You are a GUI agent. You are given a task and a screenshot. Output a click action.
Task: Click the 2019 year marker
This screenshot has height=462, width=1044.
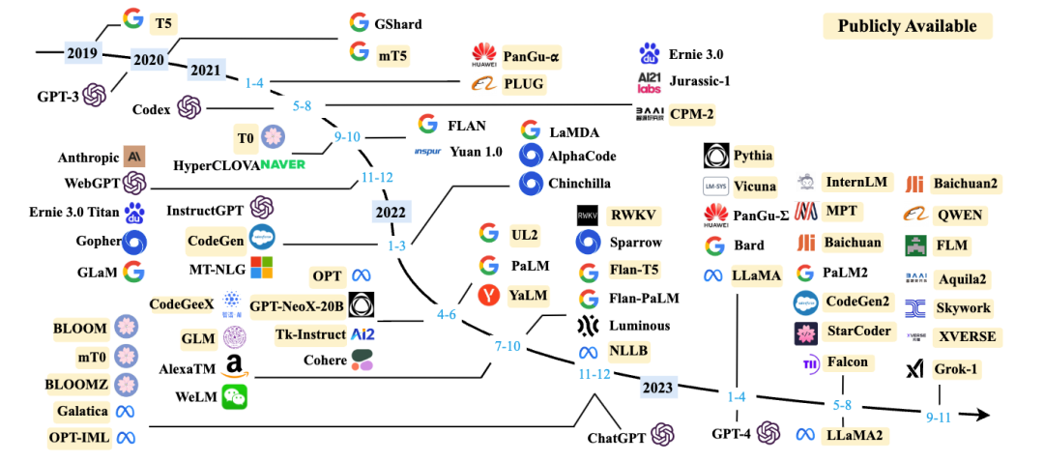82,51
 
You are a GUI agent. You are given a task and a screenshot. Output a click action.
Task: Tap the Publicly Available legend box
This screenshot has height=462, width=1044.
907,26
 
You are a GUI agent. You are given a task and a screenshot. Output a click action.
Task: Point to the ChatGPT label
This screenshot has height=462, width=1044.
618,438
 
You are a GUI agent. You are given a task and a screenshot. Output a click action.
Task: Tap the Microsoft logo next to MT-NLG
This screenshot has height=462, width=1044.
262,267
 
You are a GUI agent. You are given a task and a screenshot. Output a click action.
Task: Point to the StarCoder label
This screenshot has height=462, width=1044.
858,331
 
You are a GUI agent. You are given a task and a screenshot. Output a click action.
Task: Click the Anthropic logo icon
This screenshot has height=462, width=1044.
135,156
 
